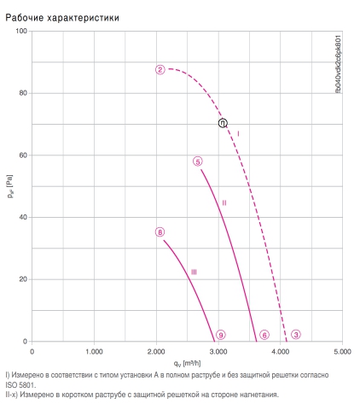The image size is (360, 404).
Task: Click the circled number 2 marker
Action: (160, 70)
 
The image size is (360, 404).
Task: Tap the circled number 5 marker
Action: (198, 161)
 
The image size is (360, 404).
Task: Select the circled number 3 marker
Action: (296, 335)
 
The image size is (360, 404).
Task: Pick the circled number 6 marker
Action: (264, 335)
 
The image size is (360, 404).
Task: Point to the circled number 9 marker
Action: (221, 335)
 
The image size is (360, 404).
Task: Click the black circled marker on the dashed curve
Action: (223, 123)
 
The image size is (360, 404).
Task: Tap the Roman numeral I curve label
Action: (238, 133)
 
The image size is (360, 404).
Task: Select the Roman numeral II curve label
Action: (224, 202)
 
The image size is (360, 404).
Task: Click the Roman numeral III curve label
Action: (194, 272)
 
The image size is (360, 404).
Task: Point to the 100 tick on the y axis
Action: (21, 31)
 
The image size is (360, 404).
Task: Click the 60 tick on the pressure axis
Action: (23, 155)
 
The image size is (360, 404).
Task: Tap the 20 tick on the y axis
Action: (23, 279)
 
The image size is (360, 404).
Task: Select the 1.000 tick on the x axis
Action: (94, 352)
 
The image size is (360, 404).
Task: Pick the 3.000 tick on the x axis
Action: (218, 352)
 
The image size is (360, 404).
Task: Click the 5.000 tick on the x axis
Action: (342, 352)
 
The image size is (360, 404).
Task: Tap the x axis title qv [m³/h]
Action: (187, 364)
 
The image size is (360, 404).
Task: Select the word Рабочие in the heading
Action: (25, 18)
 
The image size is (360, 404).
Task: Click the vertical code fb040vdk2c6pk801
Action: (338, 64)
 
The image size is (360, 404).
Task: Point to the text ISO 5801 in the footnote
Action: (20, 385)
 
